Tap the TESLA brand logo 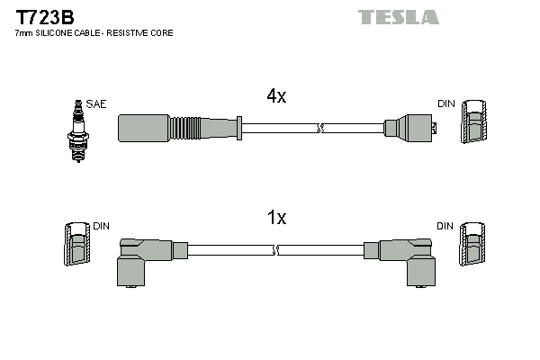click(398, 17)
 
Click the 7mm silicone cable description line click(94, 33)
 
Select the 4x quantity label click(275, 97)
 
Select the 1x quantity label click(275, 218)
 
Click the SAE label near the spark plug click(96, 104)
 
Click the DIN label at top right click(446, 104)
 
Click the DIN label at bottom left click(102, 227)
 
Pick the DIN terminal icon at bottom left click(77, 244)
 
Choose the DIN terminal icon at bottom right click(472, 245)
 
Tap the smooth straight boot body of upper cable click(143, 129)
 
